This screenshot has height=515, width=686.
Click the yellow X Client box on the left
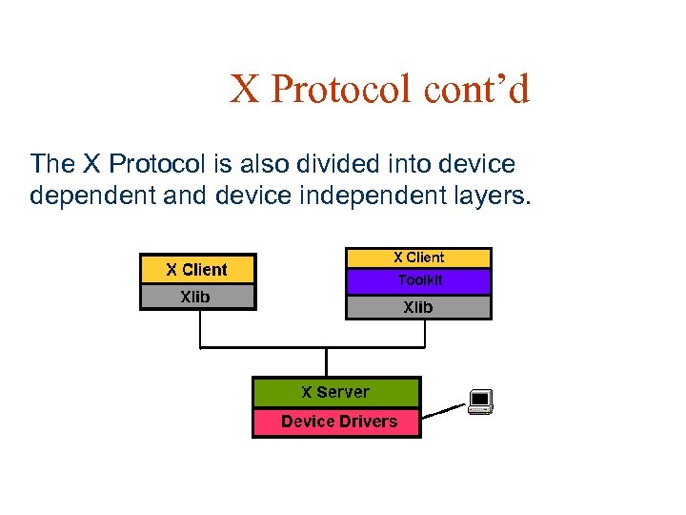click(x=197, y=270)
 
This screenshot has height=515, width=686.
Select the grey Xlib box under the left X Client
click(x=197, y=298)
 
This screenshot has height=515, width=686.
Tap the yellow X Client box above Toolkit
click(x=418, y=257)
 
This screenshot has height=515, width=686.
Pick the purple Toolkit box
click(x=418, y=281)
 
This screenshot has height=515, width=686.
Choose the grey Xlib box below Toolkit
click(x=418, y=307)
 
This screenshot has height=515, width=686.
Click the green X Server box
click(x=335, y=392)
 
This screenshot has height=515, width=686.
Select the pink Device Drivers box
click(x=335, y=422)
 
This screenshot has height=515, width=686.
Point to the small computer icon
click(x=480, y=402)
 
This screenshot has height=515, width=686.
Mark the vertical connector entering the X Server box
click(x=326, y=362)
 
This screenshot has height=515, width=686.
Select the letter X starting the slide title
click(x=244, y=91)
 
